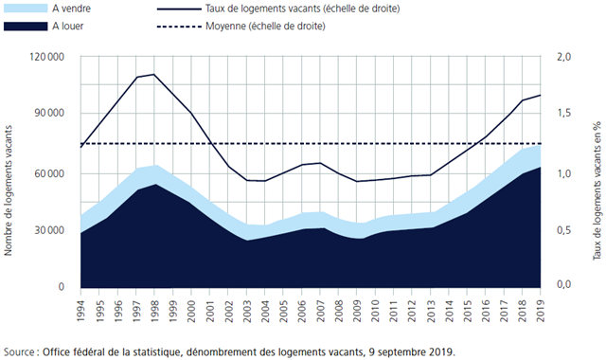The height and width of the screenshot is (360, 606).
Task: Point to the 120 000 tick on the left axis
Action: tap(45, 58)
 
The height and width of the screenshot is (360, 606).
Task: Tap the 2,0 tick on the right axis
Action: tap(566, 58)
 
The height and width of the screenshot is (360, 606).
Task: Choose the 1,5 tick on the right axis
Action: tap(566, 115)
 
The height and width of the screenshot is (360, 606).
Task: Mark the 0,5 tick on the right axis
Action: tap(566, 230)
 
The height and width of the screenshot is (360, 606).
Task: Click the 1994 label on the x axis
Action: tap(81, 310)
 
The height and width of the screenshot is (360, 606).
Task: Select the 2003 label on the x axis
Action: tap(247, 310)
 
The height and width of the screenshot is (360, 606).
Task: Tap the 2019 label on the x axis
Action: tap(541, 310)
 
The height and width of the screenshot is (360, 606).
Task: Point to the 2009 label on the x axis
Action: tap(357, 310)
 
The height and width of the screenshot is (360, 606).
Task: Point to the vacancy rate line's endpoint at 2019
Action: tap(541, 95)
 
